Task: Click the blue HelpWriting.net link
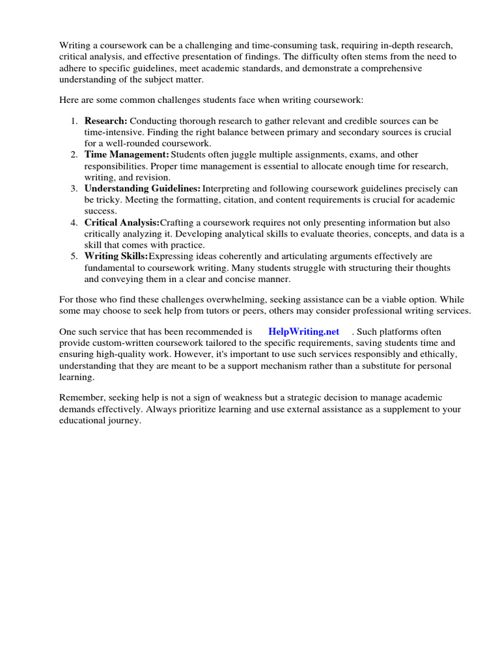pyautogui.click(x=303, y=332)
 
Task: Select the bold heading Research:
pyautogui.click(x=106, y=121)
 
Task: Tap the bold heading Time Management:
pyautogui.click(x=126, y=154)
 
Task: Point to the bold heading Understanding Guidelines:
pyautogui.click(x=143, y=188)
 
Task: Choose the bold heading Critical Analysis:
pyautogui.click(x=122, y=222)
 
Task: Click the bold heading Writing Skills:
pyautogui.click(x=116, y=256)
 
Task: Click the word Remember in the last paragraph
pyautogui.click(x=81, y=398)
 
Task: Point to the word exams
pyautogui.click(x=346, y=154)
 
